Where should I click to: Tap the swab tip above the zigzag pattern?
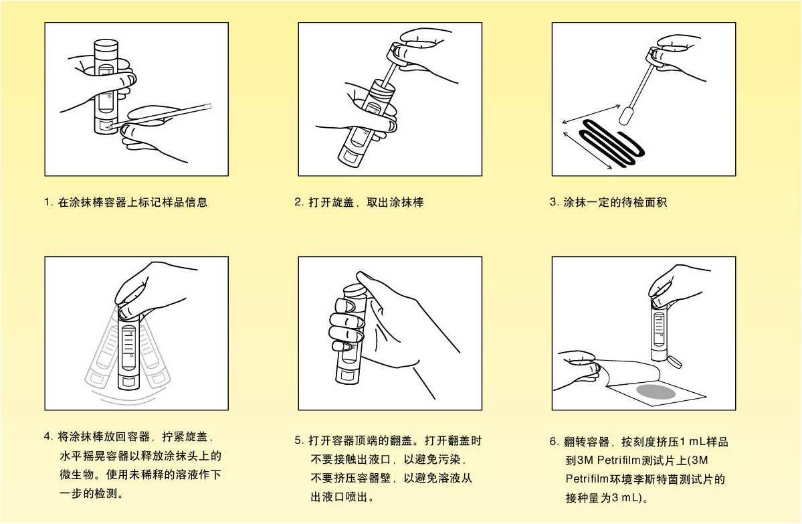tap(625, 115)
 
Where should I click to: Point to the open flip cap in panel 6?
tap(674, 361)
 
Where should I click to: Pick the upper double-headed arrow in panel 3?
tap(590, 114)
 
